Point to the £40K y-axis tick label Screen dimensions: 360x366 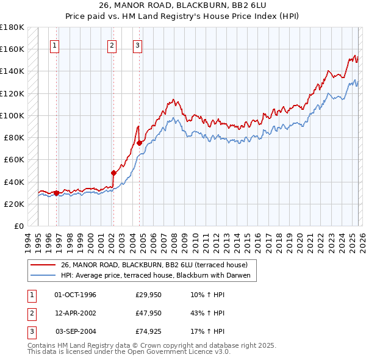pyautogui.click(x=14, y=182)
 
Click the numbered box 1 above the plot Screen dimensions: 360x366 pyautogui.click(x=55, y=45)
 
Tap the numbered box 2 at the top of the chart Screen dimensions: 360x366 pyautogui.click(x=112, y=45)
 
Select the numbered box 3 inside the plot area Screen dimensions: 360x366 pyautogui.click(x=138, y=45)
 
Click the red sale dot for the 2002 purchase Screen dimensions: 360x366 pyautogui.click(x=113, y=173)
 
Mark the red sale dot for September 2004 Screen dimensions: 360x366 pyautogui.click(x=139, y=143)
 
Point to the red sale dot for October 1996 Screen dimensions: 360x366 pyautogui.click(x=57, y=193)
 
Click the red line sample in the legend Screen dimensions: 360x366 pyautogui.click(x=43, y=265)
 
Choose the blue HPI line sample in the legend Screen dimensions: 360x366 pyautogui.click(x=43, y=276)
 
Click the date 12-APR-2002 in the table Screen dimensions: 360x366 pyautogui.click(x=76, y=313)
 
